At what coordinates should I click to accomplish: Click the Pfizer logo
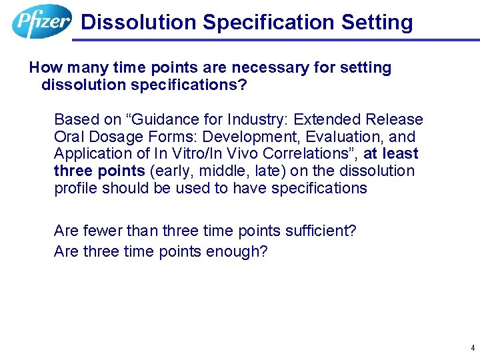click(x=41, y=21)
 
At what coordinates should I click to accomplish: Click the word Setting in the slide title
click(x=377, y=22)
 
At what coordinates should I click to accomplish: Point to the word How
click(x=45, y=68)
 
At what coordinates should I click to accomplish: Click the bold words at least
click(x=391, y=154)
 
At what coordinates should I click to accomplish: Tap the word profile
click(x=75, y=188)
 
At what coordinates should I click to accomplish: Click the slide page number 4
click(x=472, y=348)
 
